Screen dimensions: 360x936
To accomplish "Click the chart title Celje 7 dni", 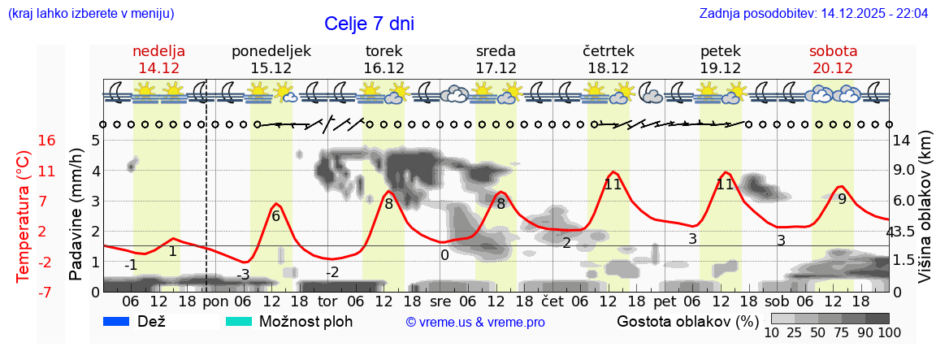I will click(369, 24).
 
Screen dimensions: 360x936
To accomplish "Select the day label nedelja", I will click(159, 51).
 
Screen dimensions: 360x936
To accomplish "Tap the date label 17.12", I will click(496, 68).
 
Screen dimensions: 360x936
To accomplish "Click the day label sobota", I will click(833, 51).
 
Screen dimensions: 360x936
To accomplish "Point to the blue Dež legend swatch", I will click(117, 321).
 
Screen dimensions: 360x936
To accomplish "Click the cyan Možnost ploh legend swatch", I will click(239, 321).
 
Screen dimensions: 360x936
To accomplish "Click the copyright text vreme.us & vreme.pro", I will click(475, 322).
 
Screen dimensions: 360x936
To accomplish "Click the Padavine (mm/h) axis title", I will click(76, 215).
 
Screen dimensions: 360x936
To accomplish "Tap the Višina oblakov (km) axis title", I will click(925, 215).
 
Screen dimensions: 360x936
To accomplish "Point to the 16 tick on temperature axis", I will click(47, 141).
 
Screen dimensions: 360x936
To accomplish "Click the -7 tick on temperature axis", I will click(47, 292).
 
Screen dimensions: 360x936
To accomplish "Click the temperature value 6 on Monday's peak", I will click(275, 216).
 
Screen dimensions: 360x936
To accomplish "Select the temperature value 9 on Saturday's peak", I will click(842, 199).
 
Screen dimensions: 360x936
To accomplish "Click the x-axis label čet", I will click(552, 301).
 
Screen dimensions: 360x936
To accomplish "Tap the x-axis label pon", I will click(215, 301).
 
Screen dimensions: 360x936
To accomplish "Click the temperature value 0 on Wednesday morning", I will click(444, 255).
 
